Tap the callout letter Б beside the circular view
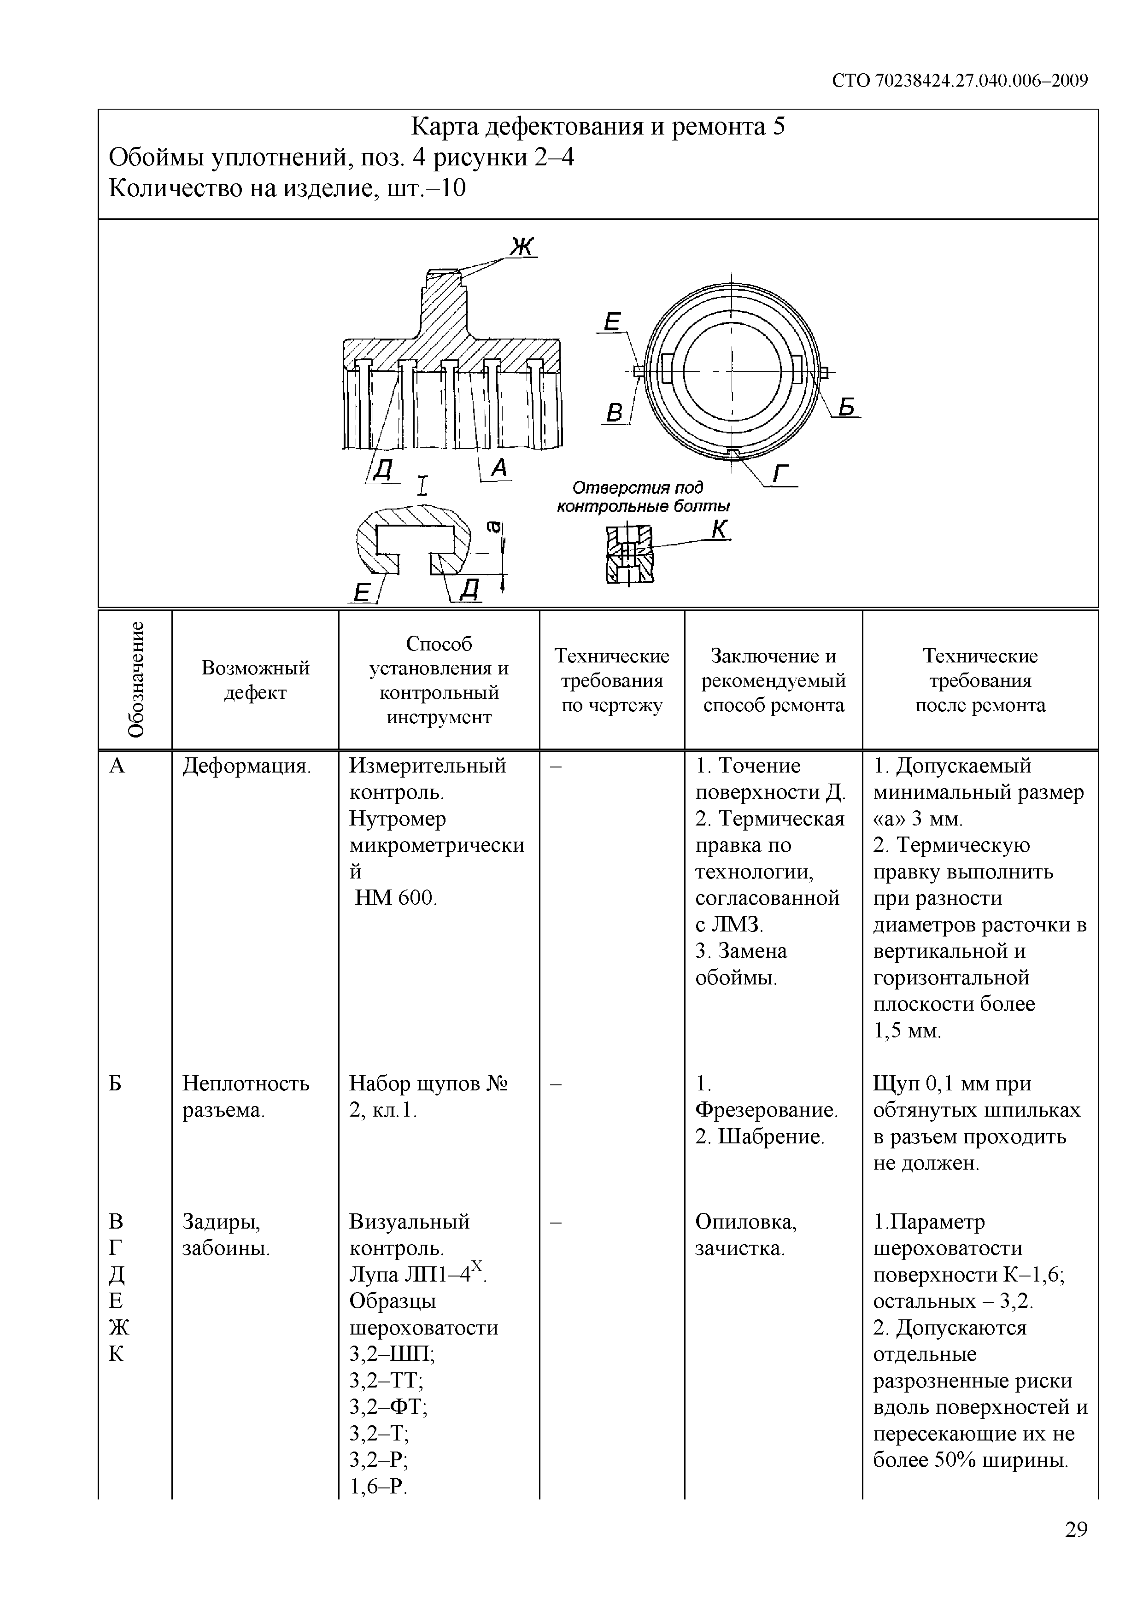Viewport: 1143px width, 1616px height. coord(847,406)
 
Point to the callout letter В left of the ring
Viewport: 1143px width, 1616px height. coord(615,412)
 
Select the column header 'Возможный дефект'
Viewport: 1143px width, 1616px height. coord(256,680)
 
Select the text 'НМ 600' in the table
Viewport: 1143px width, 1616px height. coord(396,898)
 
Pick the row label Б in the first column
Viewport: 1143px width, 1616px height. coord(116,1084)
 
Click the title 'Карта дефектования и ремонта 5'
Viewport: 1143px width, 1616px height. coord(598,127)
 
